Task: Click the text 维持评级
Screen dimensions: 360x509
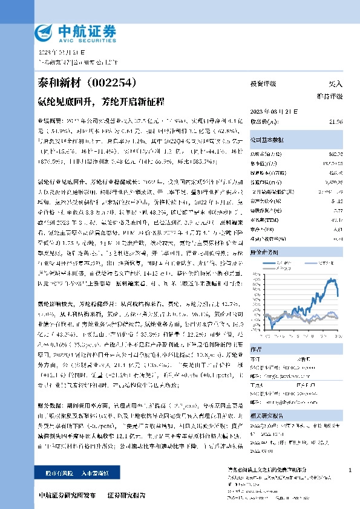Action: point(330,96)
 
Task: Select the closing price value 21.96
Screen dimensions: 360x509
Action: point(336,122)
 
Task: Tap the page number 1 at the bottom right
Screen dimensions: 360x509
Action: point(350,470)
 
